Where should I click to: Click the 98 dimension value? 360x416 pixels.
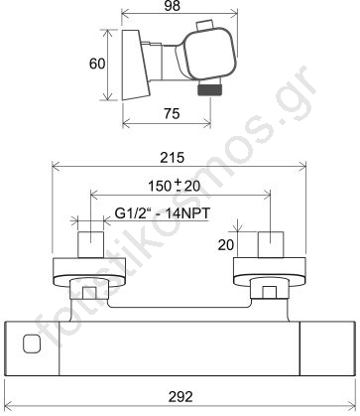(x=172, y=6)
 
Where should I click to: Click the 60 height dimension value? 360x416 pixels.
(x=97, y=64)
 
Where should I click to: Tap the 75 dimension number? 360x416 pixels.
(x=172, y=113)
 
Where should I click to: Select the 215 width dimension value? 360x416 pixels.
(x=172, y=158)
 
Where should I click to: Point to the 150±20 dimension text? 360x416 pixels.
(x=175, y=186)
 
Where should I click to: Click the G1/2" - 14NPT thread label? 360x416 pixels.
(x=163, y=213)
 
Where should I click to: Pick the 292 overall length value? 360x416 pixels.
(x=180, y=396)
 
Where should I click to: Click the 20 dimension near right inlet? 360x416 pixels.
(x=226, y=245)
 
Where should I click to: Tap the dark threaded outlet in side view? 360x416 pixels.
(x=208, y=89)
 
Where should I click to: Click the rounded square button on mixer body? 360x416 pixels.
(x=32, y=344)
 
